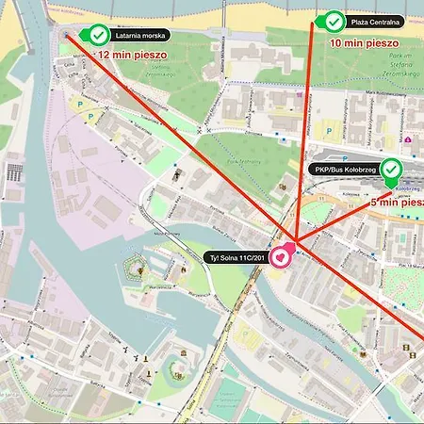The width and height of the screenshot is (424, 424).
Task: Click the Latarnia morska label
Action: (140, 35)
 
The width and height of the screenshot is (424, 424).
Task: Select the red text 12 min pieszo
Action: (133, 55)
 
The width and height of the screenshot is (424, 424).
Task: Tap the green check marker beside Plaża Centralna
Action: (333, 21)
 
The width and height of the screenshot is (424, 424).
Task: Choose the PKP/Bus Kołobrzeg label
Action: (345, 170)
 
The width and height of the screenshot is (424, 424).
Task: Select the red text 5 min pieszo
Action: (396, 202)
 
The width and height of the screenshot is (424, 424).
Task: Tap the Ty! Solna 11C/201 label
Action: (236, 256)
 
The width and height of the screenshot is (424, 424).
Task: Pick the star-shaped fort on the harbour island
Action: (138, 271)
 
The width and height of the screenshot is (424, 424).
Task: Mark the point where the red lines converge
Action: (295, 241)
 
